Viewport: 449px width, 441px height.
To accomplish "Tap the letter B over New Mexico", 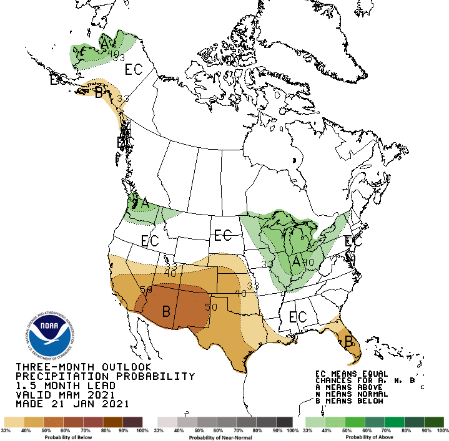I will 167,311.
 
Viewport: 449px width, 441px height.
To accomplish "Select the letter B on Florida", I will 348,341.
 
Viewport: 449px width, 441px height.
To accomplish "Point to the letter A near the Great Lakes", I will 297,261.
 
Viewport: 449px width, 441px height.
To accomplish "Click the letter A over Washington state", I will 145,203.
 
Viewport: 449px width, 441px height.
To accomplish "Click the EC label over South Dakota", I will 223,236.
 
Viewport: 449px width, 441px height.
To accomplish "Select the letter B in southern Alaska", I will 98,93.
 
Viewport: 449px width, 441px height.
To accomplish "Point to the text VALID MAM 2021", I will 65,395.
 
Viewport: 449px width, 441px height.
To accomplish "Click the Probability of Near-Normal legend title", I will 225,437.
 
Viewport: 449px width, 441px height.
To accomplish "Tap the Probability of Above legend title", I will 374,437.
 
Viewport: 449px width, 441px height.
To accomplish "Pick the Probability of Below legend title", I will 74,437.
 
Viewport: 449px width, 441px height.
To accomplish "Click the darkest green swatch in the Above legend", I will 433,422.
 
